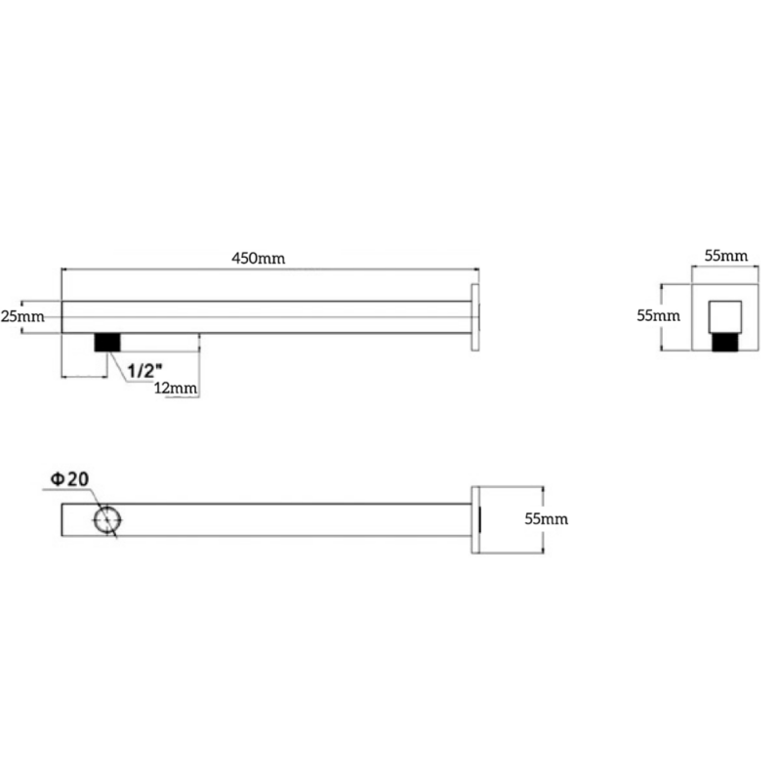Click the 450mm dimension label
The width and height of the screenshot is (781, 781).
(258, 259)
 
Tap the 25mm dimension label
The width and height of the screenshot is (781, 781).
(22, 317)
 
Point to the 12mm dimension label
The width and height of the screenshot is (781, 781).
(177, 389)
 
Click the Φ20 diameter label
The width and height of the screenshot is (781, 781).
(70, 478)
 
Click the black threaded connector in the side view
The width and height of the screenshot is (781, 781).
(106, 343)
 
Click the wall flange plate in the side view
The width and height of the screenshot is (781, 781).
(475, 316)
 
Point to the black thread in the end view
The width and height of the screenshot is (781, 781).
(724, 342)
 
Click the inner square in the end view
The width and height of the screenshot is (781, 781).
(724, 317)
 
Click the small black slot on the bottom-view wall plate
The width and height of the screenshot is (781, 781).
(478, 519)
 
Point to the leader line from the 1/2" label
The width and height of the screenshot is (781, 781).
(116, 361)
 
